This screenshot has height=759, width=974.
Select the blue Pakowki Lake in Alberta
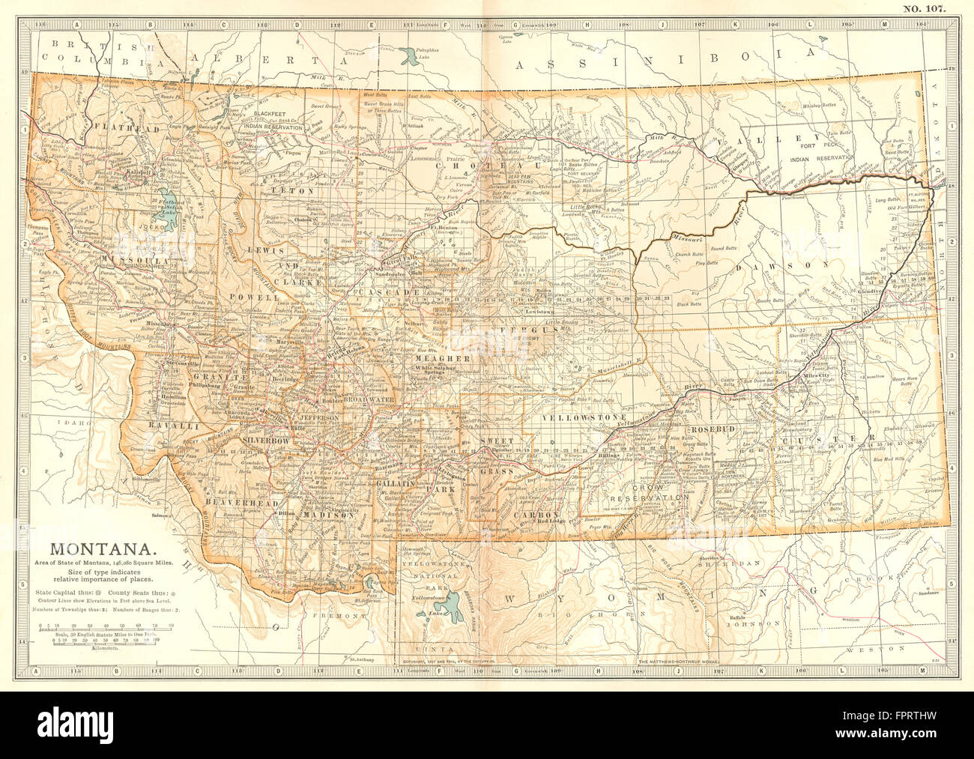pyautogui.click(x=409, y=54)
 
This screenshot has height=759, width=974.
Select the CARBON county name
pyautogui.click(x=535, y=516)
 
